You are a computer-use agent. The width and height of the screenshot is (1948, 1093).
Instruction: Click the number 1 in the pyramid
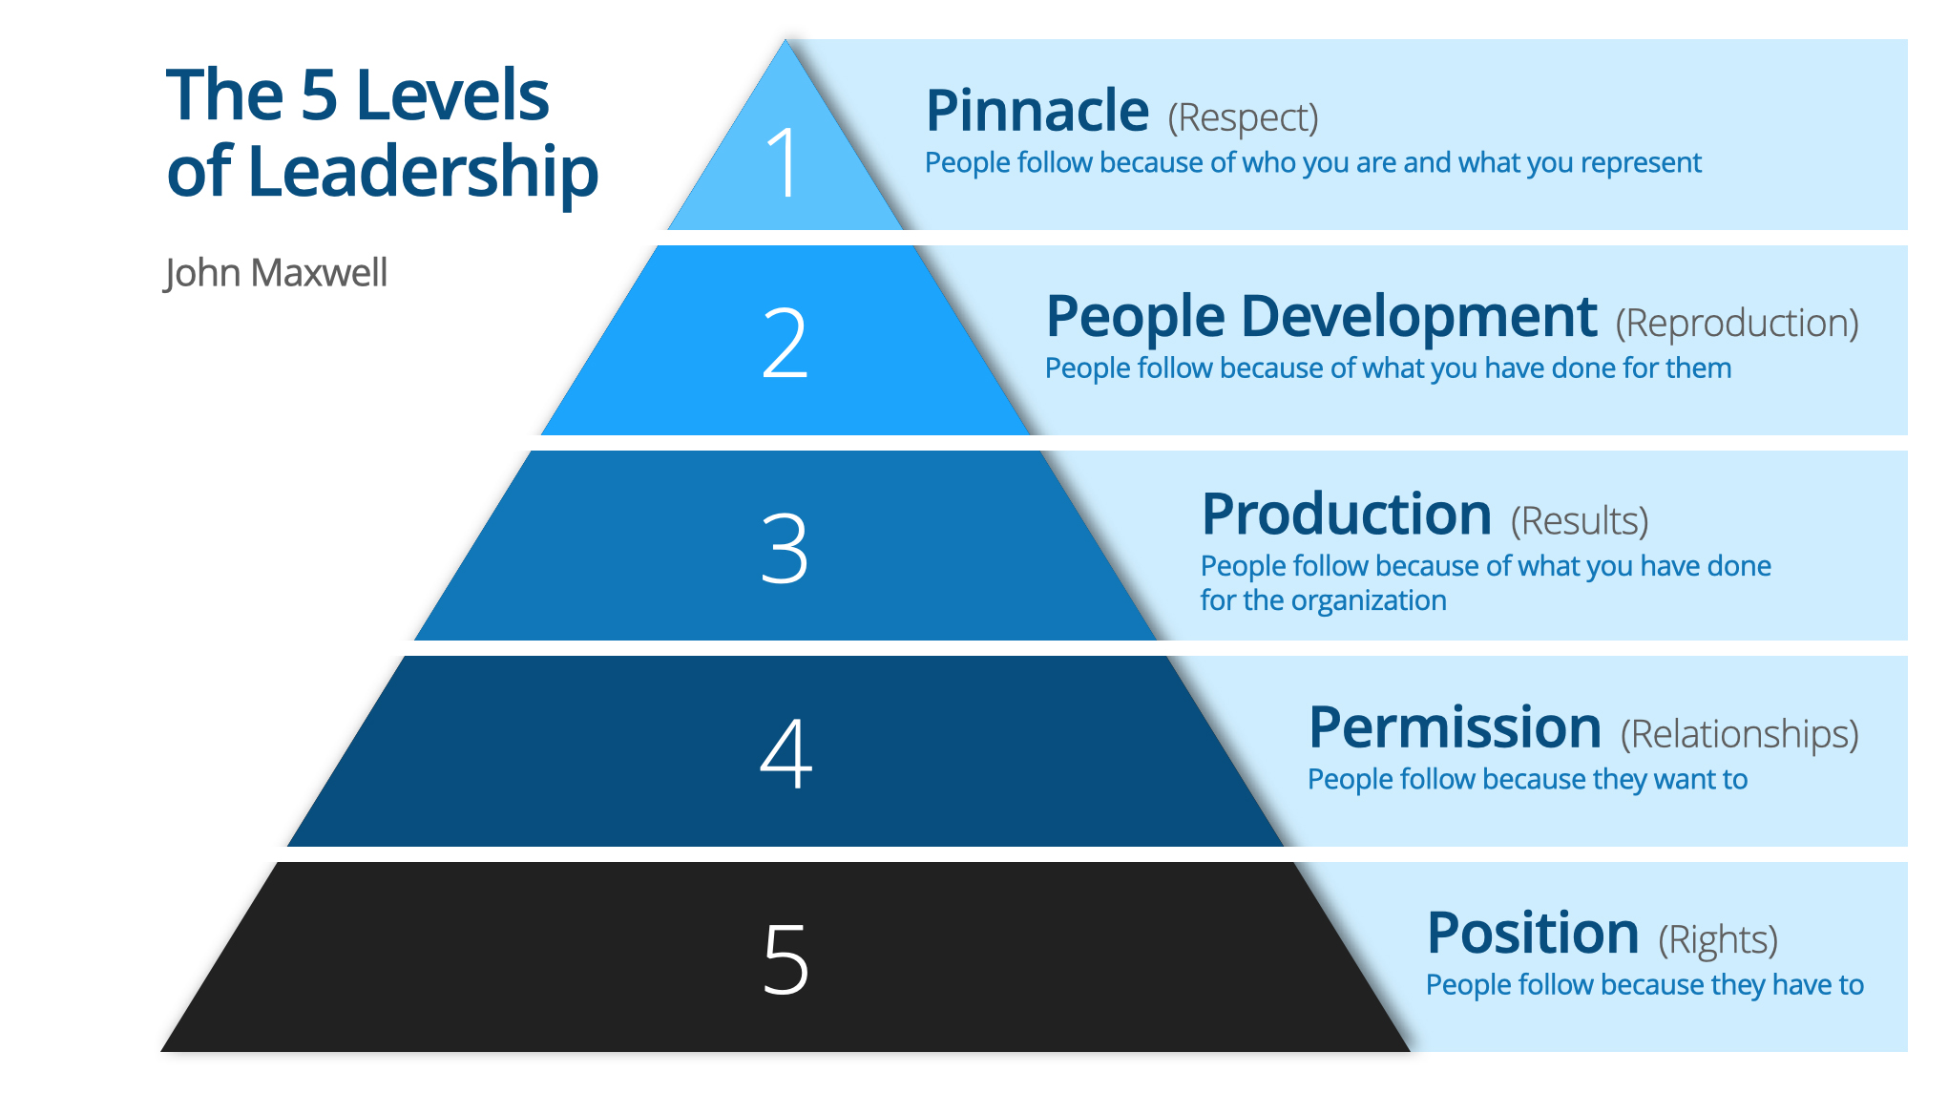click(784, 162)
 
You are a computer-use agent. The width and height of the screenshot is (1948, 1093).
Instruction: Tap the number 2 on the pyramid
click(785, 344)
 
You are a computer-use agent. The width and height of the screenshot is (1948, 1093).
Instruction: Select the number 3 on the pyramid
click(785, 548)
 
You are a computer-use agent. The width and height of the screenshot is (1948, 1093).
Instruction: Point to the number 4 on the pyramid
click(785, 753)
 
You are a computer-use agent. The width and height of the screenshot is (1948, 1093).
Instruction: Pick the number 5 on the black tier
click(785, 959)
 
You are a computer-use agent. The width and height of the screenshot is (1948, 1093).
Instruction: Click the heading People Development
click(1322, 318)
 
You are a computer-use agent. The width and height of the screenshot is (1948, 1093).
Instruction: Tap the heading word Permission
click(1455, 727)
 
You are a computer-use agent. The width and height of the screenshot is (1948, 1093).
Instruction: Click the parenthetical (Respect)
click(1244, 118)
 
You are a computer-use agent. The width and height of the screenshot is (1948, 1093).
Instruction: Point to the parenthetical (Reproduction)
click(1737, 324)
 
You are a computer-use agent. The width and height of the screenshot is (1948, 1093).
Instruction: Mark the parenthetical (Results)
click(1580, 521)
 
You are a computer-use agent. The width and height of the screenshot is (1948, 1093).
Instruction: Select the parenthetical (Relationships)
click(1740, 734)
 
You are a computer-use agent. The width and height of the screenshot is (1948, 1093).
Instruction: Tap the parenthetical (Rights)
click(1718, 940)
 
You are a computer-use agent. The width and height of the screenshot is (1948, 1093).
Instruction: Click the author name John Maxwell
click(275, 273)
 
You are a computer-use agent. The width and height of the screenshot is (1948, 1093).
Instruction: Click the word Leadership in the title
click(423, 173)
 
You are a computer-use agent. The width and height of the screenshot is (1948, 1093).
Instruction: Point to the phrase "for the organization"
click(1323, 600)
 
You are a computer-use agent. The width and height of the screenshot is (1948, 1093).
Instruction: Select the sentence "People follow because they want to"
click(1527, 780)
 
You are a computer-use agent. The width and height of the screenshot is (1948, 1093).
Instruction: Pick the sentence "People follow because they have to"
click(1644, 985)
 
